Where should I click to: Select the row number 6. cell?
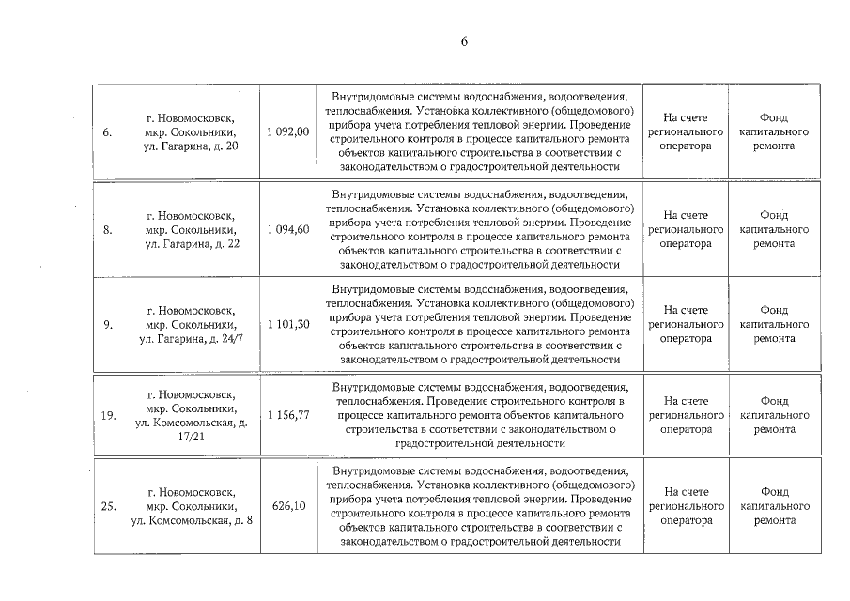coord(108,132)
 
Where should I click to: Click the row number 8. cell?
coord(108,229)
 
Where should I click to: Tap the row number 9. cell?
coord(108,324)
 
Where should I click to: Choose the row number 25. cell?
coord(108,506)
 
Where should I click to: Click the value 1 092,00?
coord(287,132)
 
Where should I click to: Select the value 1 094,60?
coord(287,229)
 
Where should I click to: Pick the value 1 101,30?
coord(287,324)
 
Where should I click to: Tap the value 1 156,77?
coord(287,415)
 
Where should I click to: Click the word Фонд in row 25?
coord(774,492)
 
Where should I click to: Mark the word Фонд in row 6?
coord(774,118)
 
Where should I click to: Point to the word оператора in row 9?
coord(685,338)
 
